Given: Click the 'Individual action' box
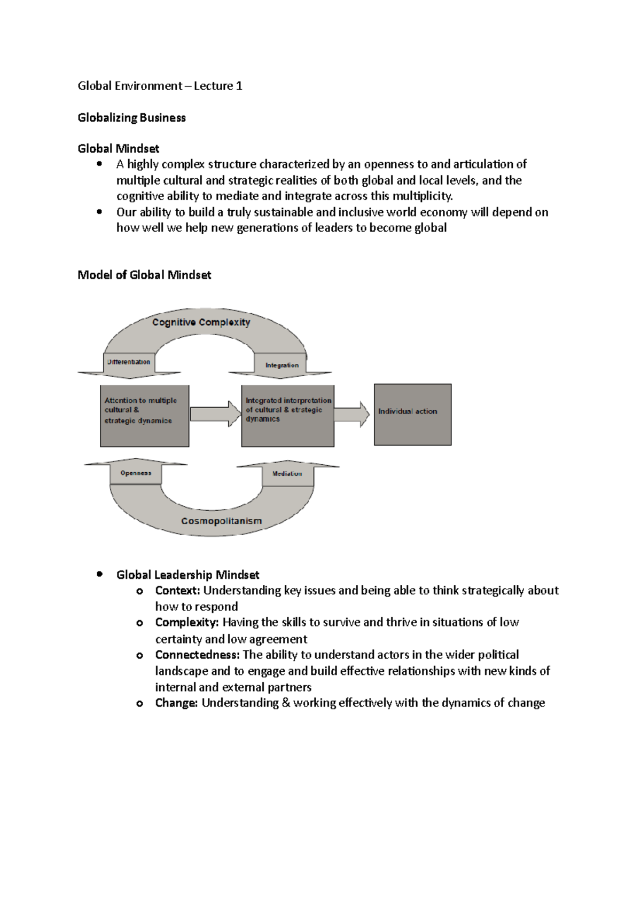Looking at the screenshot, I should point(412,415).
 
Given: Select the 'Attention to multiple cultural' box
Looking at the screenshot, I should point(144,416).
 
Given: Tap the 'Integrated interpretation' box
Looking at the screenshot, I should point(287,416).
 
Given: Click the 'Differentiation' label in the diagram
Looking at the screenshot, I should point(129,362).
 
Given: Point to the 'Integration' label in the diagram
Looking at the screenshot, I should point(282,365).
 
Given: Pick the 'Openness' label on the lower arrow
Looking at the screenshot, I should point(136,473).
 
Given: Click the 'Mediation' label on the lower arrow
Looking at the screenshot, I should point(287,473).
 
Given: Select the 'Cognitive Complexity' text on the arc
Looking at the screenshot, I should point(201,322).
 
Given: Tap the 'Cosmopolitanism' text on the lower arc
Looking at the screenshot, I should point(221,521).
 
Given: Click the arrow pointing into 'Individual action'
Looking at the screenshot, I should point(351,415).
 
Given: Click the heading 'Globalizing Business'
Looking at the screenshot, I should point(131,117).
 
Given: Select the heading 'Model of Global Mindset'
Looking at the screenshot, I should point(144,275).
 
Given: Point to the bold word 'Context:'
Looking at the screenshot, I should point(177,590).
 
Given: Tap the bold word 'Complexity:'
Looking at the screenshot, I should point(187,622).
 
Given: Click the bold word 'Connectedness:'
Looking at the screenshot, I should point(197,655).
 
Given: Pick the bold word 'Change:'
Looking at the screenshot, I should point(176,703).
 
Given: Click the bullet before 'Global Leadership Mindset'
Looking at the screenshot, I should point(100,574).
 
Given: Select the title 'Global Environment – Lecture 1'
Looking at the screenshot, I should point(160,86).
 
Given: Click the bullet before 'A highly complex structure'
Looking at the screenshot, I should point(100,164).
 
